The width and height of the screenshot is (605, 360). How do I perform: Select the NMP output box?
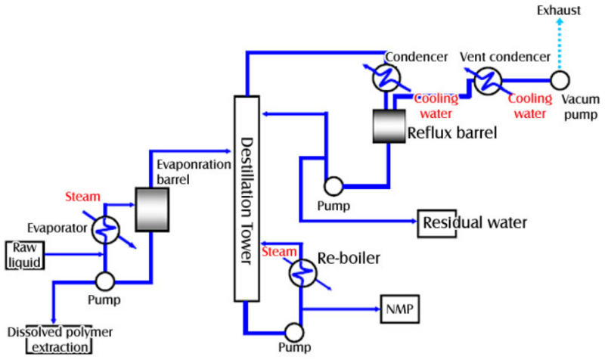click(x=399, y=309)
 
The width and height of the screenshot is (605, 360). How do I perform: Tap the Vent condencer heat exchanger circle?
click(x=491, y=79)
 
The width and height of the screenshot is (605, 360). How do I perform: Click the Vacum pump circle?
click(x=560, y=79)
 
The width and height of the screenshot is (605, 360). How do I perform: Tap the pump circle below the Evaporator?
click(x=105, y=280)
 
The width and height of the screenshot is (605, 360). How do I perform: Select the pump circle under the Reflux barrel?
click(x=330, y=186)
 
